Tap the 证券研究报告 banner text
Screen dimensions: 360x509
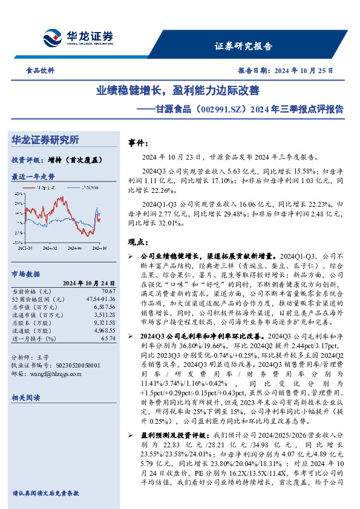[244, 46]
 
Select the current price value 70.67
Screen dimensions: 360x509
[108, 291]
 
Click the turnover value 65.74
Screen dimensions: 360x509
[108, 339]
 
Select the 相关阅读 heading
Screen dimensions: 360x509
[25, 397]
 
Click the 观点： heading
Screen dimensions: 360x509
[139, 242]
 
